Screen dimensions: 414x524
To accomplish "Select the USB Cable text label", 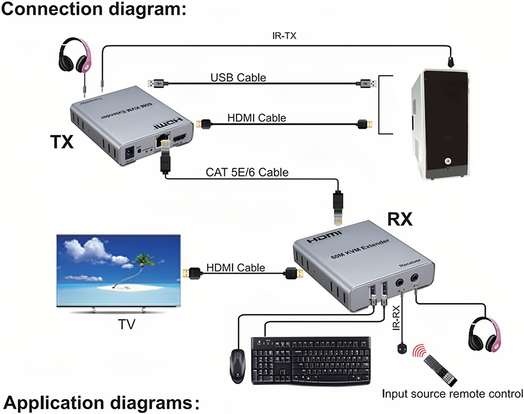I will [x=238, y=78].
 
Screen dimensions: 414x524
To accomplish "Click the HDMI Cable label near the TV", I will [x=236, y=268].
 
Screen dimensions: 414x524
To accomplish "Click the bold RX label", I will [x=400, y=220].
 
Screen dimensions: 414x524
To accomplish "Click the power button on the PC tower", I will [x=448, y=161].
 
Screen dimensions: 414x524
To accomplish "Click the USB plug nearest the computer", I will [x=368, y=83].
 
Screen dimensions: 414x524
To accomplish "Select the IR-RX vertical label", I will [x=397, y=320].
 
